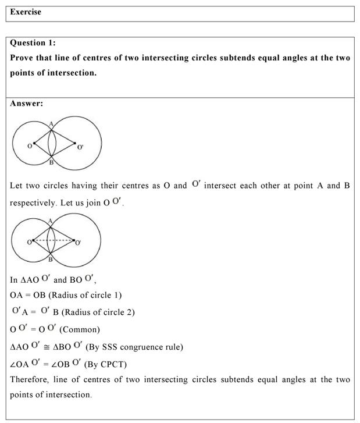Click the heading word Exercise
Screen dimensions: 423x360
click(26, 12)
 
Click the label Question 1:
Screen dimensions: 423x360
click(33, 42)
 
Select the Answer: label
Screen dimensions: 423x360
click(27, 104)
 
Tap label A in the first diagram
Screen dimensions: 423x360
click(51, 123)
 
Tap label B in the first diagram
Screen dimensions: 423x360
click(51, 163)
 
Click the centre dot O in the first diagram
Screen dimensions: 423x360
click(34, 143)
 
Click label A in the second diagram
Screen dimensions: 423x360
click(51, 221)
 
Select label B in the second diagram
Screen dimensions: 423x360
click(51, 260)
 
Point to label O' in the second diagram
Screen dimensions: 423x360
click(79, 241)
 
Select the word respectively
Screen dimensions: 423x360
click(34, 204)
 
